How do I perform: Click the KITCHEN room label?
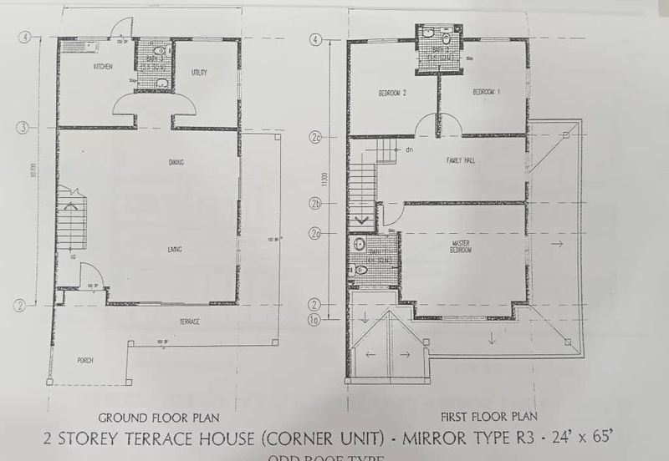click(x=104, y=67)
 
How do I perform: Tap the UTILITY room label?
click(x=199, y=73)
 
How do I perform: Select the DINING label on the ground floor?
click(x=176, y=162)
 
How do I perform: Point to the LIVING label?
click(x=175, y=249)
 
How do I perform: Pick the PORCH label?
click(x=84, y=360)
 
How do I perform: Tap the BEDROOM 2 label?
click(x=391, y=92)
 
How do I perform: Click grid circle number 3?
click(x=24, y=127)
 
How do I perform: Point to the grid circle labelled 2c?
click(x=316, y=136)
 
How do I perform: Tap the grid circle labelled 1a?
click(x=316, y=318)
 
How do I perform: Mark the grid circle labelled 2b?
click(x=316, y=202)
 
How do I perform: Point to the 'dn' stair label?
click(x=409, y=150)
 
